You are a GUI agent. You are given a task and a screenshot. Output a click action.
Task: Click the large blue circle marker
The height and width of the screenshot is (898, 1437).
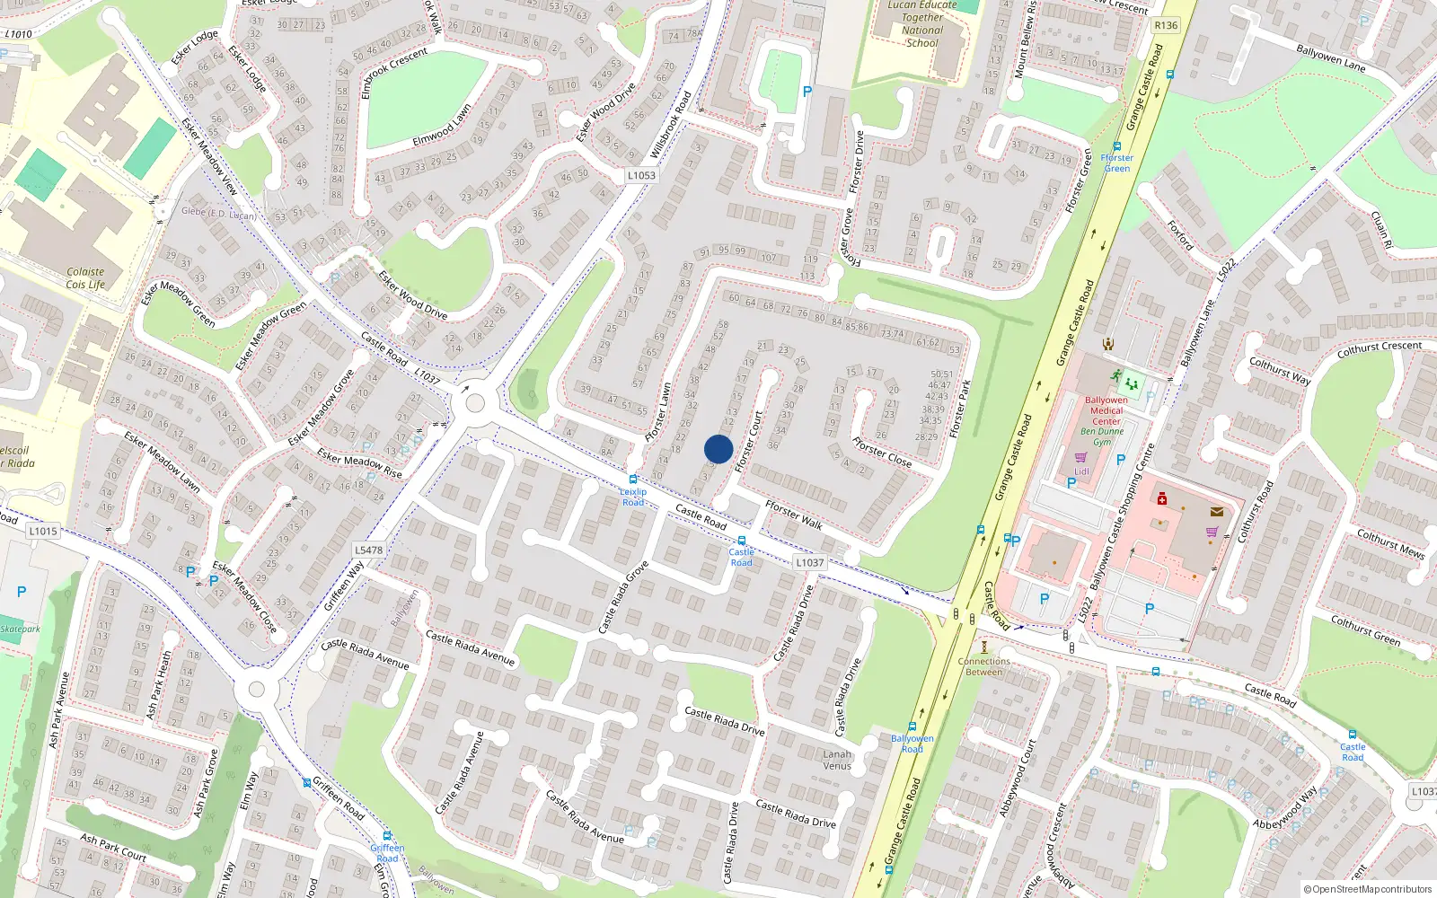(718, 449)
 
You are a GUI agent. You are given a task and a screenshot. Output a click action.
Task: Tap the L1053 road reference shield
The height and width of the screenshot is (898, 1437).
(641, 175)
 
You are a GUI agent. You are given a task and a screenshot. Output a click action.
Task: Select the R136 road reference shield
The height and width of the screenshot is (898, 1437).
(1165, 25)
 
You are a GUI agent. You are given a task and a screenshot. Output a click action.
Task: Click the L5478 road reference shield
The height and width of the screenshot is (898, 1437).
(368, 550)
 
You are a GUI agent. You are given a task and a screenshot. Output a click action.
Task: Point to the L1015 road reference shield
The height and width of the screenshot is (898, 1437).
(42, 531)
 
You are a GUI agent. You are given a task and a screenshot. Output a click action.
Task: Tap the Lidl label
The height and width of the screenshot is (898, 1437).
(1081, 471)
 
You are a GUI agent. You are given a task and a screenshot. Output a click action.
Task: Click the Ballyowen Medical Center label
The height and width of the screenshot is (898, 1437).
(1106, 410)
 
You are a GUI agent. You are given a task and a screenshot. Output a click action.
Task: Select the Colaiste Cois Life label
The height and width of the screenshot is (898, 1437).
(85, 278)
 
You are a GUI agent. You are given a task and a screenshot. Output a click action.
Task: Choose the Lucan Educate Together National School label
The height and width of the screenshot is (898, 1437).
(922, 24)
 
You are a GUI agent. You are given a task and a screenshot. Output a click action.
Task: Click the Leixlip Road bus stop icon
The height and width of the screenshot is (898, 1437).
(633, 480)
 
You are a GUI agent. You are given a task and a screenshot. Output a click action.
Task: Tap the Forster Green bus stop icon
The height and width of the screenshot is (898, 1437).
(1117, 146)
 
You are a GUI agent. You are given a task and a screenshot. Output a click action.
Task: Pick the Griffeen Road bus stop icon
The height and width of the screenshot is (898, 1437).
(387, 836)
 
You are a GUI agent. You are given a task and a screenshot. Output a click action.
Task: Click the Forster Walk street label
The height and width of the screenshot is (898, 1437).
(794, 515)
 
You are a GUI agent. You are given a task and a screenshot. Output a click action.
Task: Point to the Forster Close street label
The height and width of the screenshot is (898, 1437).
(882, 452)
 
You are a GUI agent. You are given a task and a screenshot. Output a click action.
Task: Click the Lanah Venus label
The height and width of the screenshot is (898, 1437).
(837, 760)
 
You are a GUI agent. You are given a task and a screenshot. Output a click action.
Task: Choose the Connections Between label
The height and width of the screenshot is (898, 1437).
(984, 666)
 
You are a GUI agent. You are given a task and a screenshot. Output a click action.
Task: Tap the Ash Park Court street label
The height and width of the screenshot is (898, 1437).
(113, 848)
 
